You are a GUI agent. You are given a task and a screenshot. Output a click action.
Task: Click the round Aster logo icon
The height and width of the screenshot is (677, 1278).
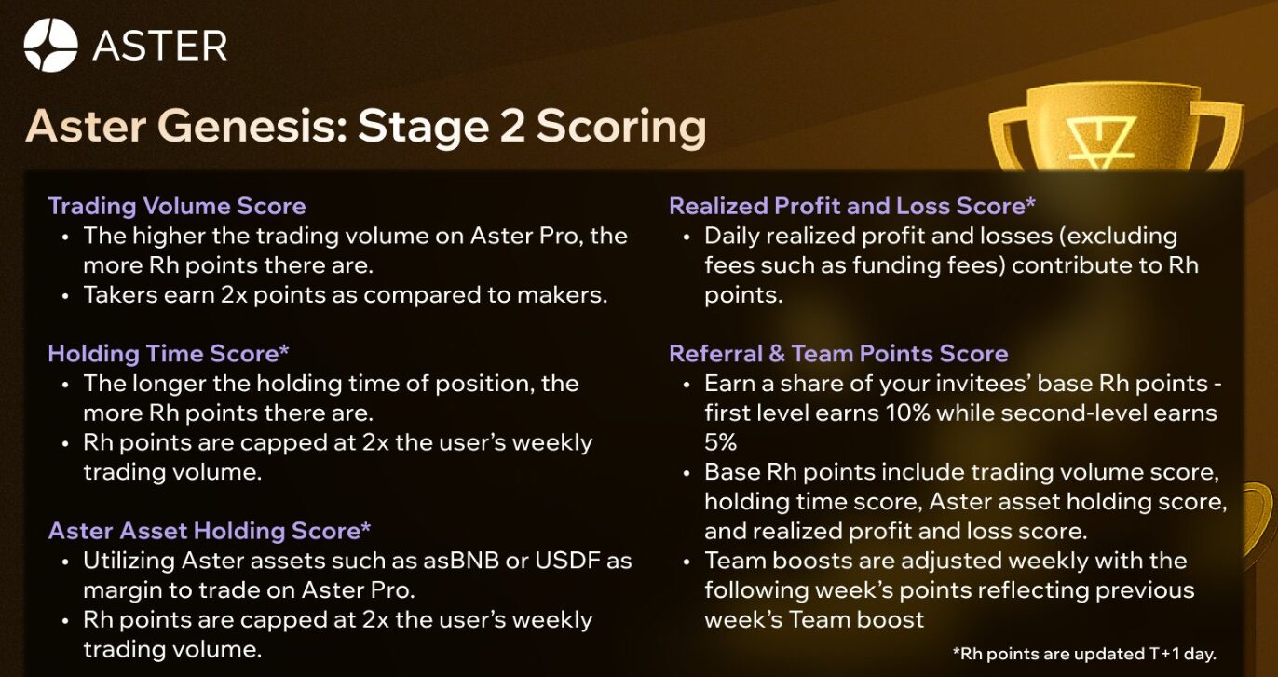[51, 45]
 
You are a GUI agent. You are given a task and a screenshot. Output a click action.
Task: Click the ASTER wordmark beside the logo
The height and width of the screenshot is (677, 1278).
[160, 47]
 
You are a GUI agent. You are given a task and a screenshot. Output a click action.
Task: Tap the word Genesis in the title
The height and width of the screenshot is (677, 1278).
[252, 126]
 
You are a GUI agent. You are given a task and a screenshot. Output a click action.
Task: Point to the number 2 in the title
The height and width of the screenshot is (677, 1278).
[511, 126]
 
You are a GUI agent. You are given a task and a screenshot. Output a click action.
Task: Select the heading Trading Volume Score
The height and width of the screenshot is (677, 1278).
[177, 206]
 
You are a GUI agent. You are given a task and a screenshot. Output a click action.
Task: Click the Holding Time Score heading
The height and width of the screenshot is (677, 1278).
[169, 354]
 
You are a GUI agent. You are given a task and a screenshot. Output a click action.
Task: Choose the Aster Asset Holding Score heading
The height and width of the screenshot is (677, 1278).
[210, 531]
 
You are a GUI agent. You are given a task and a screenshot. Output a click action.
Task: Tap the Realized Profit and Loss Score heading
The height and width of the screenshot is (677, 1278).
[851, 206]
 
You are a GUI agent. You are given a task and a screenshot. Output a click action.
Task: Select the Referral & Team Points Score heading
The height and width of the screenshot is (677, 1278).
[838, 354]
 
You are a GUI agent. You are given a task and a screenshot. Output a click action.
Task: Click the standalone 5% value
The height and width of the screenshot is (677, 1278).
[721, 442]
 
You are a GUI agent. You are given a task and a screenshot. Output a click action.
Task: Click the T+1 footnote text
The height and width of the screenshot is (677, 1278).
[1084, 654]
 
